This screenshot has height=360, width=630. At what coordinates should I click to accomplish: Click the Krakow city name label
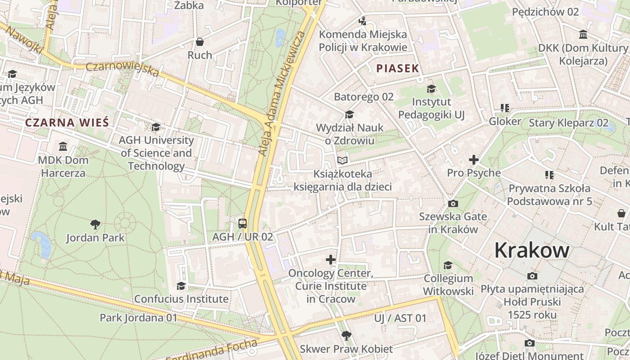coord(532,250)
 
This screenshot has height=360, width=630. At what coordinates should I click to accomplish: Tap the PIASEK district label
coord(398,68)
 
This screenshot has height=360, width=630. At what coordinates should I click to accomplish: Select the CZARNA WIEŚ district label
coord(67,122)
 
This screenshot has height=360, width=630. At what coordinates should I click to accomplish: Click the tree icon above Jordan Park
coord(95,224)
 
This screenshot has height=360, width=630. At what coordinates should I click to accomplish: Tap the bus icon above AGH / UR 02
coord(243,223)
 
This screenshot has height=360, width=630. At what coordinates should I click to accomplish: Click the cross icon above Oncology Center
coord(331,259)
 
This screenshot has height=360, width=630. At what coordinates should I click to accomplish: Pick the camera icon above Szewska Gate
coord(453,203)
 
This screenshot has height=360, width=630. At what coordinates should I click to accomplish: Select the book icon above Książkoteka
coord(342,160)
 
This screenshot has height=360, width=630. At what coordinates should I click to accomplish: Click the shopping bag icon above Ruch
coord(200,42)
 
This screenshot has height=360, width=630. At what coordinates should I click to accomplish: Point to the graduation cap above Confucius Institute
coord(181,286)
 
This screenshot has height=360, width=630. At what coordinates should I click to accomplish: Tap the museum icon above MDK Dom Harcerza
coord(63,146)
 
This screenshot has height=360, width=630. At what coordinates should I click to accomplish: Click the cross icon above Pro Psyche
coord(473,159)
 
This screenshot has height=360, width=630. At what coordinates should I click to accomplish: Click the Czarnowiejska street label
coord(122,69)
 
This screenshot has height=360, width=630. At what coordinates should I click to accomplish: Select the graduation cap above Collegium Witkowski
coord(448,265)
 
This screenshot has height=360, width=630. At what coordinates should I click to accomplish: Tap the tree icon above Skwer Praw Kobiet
coord(346,335)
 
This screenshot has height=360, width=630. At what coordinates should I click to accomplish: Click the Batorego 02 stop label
coord(364,97)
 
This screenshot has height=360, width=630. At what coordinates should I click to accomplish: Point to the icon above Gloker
coord(505,108)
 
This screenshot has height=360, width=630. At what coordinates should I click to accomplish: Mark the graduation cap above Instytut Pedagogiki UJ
coord(431,89)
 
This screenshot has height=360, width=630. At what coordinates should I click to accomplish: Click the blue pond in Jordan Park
coord(42,243)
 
